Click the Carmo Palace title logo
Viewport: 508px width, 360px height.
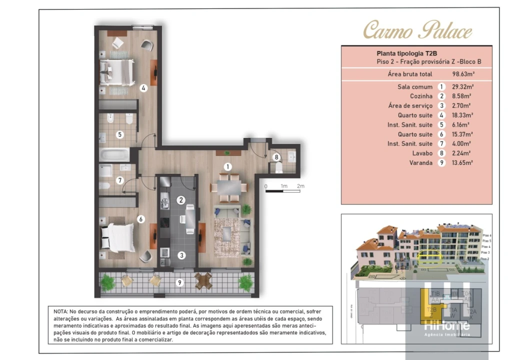pos(417,30)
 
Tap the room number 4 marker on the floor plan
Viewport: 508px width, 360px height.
pos(143,88)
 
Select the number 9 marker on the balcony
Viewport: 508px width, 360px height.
pos(180,282)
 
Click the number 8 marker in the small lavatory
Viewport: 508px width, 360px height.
pos(276,157)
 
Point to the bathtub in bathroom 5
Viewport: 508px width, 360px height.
pos(114,154)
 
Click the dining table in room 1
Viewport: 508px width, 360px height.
pos(228,187)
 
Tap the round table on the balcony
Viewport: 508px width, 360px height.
pos(203,281)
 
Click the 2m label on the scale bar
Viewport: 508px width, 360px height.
pos(300,186)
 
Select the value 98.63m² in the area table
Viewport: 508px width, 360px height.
pos(463,74)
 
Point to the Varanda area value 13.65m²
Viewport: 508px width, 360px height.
pos(462,162)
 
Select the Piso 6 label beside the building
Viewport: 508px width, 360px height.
pos(486,235)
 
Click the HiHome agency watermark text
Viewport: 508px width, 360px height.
pos(447,325)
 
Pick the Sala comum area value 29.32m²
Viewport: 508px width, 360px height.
pos(462,86)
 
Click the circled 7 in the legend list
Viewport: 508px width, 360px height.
pos(441,143)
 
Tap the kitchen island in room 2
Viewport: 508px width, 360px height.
pos(190,218)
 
